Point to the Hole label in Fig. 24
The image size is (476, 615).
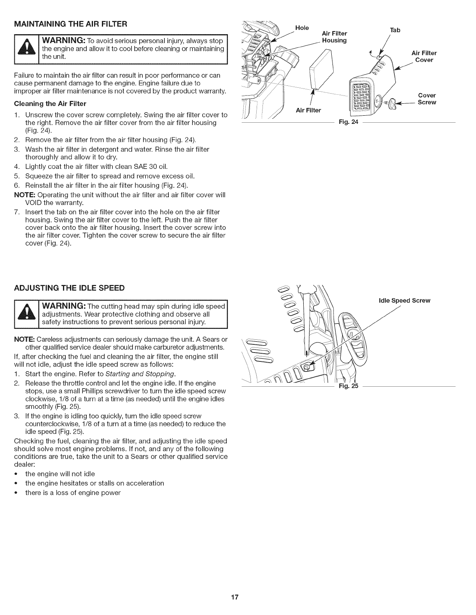point(302,28)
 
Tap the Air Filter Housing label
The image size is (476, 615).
point(334,37)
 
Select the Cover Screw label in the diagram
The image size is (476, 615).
point(427,99)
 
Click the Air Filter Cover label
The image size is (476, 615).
point(424,56)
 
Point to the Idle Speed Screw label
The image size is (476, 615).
point(404,301)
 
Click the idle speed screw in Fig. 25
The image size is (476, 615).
point(306,366)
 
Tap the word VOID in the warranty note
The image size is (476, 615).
point(34,203)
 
